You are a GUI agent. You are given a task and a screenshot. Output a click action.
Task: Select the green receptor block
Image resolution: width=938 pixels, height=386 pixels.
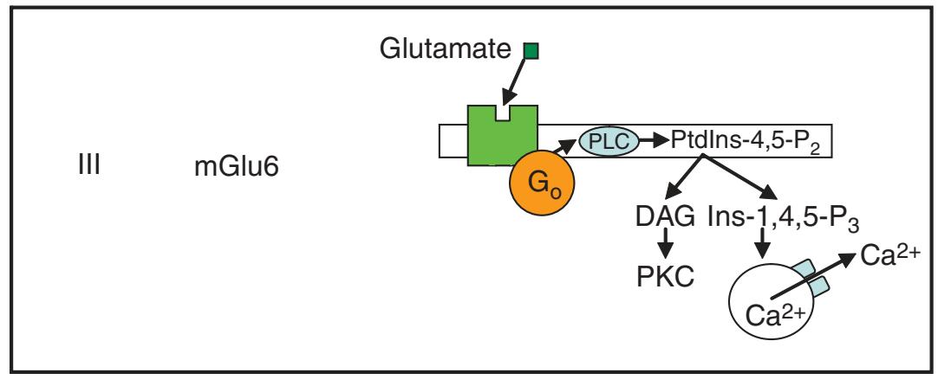[503, 138]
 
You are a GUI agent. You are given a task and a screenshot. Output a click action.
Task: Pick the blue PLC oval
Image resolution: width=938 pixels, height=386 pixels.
[607, 140]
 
